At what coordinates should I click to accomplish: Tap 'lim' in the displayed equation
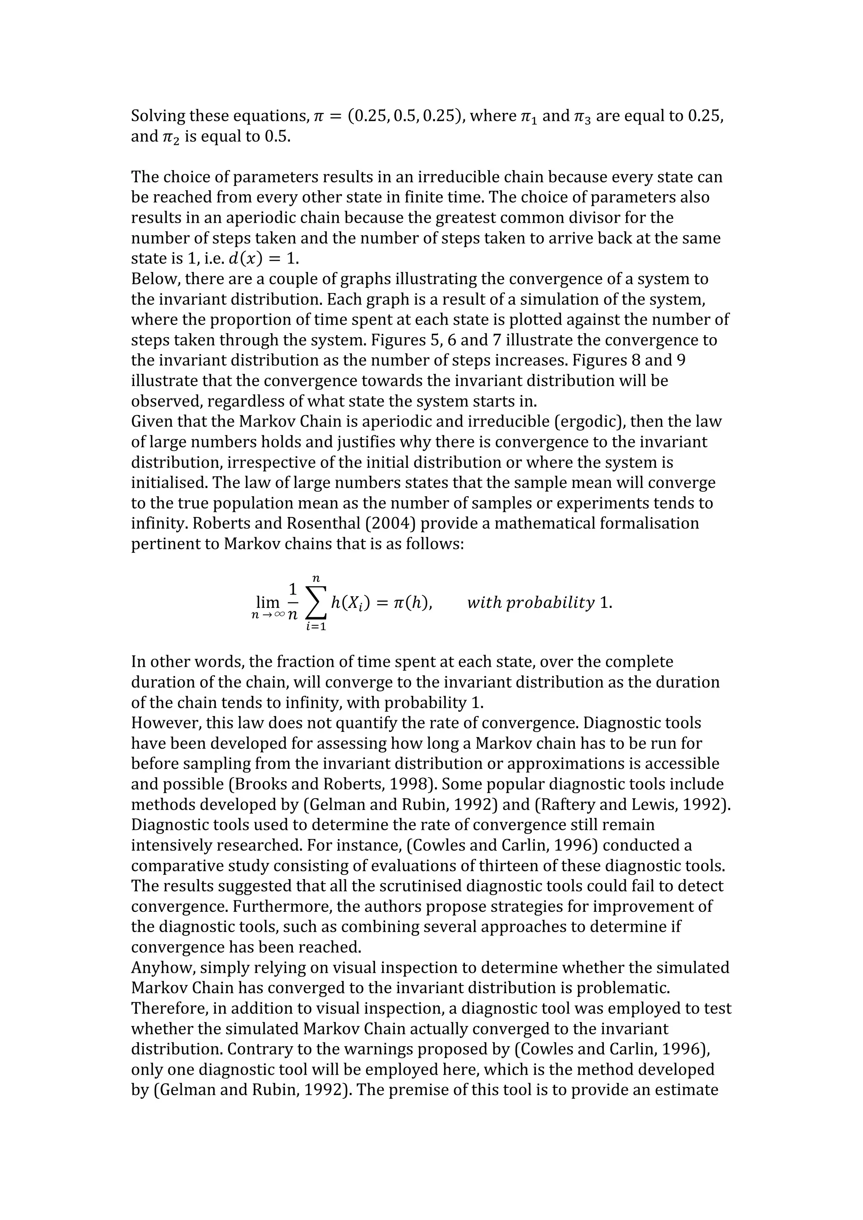[x=268, y=602]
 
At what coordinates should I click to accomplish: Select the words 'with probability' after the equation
[x=530, y=602]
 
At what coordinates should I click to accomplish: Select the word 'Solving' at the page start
[x=158, y=116]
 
